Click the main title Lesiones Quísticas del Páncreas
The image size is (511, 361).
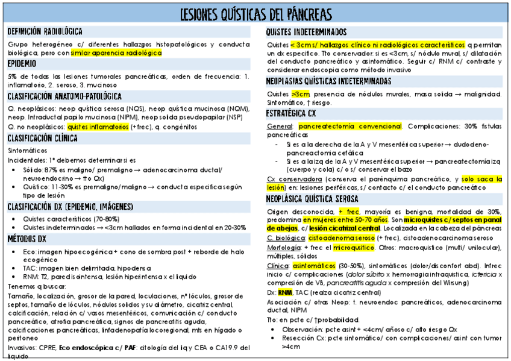255,14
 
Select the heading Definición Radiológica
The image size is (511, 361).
45,31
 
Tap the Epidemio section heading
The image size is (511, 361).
22,63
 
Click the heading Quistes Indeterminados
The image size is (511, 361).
306,32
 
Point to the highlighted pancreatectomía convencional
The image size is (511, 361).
350,127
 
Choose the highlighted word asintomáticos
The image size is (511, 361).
314,266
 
